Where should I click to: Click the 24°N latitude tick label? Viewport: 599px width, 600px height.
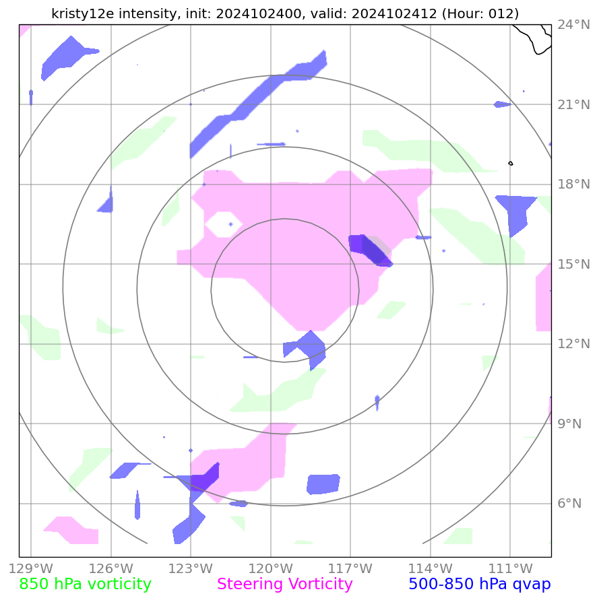click(x=574, y=25)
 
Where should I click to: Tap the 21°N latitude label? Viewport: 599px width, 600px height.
click(x=574, y=104)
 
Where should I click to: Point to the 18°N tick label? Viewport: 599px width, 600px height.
click(x=574, y=185)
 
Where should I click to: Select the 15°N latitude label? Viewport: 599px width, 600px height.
click(x=574, y=264)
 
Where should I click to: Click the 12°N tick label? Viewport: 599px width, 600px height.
click(x=574, y=344)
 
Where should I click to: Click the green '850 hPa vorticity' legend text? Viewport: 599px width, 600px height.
click(x=85, y=584)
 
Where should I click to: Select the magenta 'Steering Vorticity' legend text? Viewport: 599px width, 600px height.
click(x=284, y=584)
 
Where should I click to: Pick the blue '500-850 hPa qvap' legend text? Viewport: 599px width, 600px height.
click(x=479, y=584)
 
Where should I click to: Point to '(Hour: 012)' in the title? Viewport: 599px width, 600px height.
click(x=479, y=13)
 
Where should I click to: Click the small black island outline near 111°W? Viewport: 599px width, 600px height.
click(x=510, y=163)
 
